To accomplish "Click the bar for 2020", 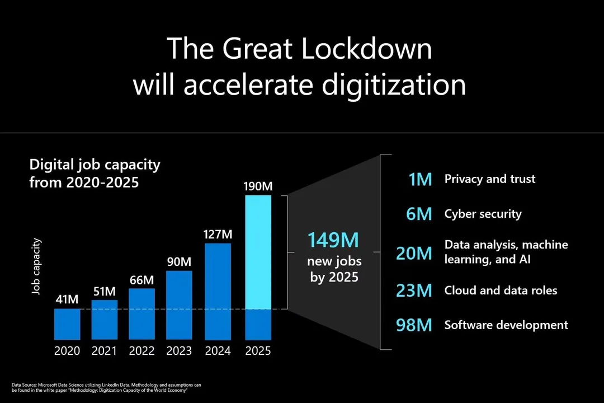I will click(67, 324).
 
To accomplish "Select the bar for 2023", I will click(180, 305).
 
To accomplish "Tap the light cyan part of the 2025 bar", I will click(258, 252).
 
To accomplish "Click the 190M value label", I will click(258, 186).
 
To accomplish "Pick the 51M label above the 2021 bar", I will click(105, 292).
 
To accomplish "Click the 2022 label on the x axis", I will click(142, 351).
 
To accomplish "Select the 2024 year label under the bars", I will click(218, 351).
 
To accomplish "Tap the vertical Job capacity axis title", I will click(37, 266).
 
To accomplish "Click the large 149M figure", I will click(334, 240).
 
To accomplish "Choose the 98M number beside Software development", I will click(414, 325).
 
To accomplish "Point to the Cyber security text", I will click(483, 214).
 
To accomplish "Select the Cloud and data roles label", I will click(501, 290).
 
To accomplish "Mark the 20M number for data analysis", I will click(414, 253).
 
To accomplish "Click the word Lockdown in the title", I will click(366, 49).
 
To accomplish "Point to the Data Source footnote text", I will click(106, 387).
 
